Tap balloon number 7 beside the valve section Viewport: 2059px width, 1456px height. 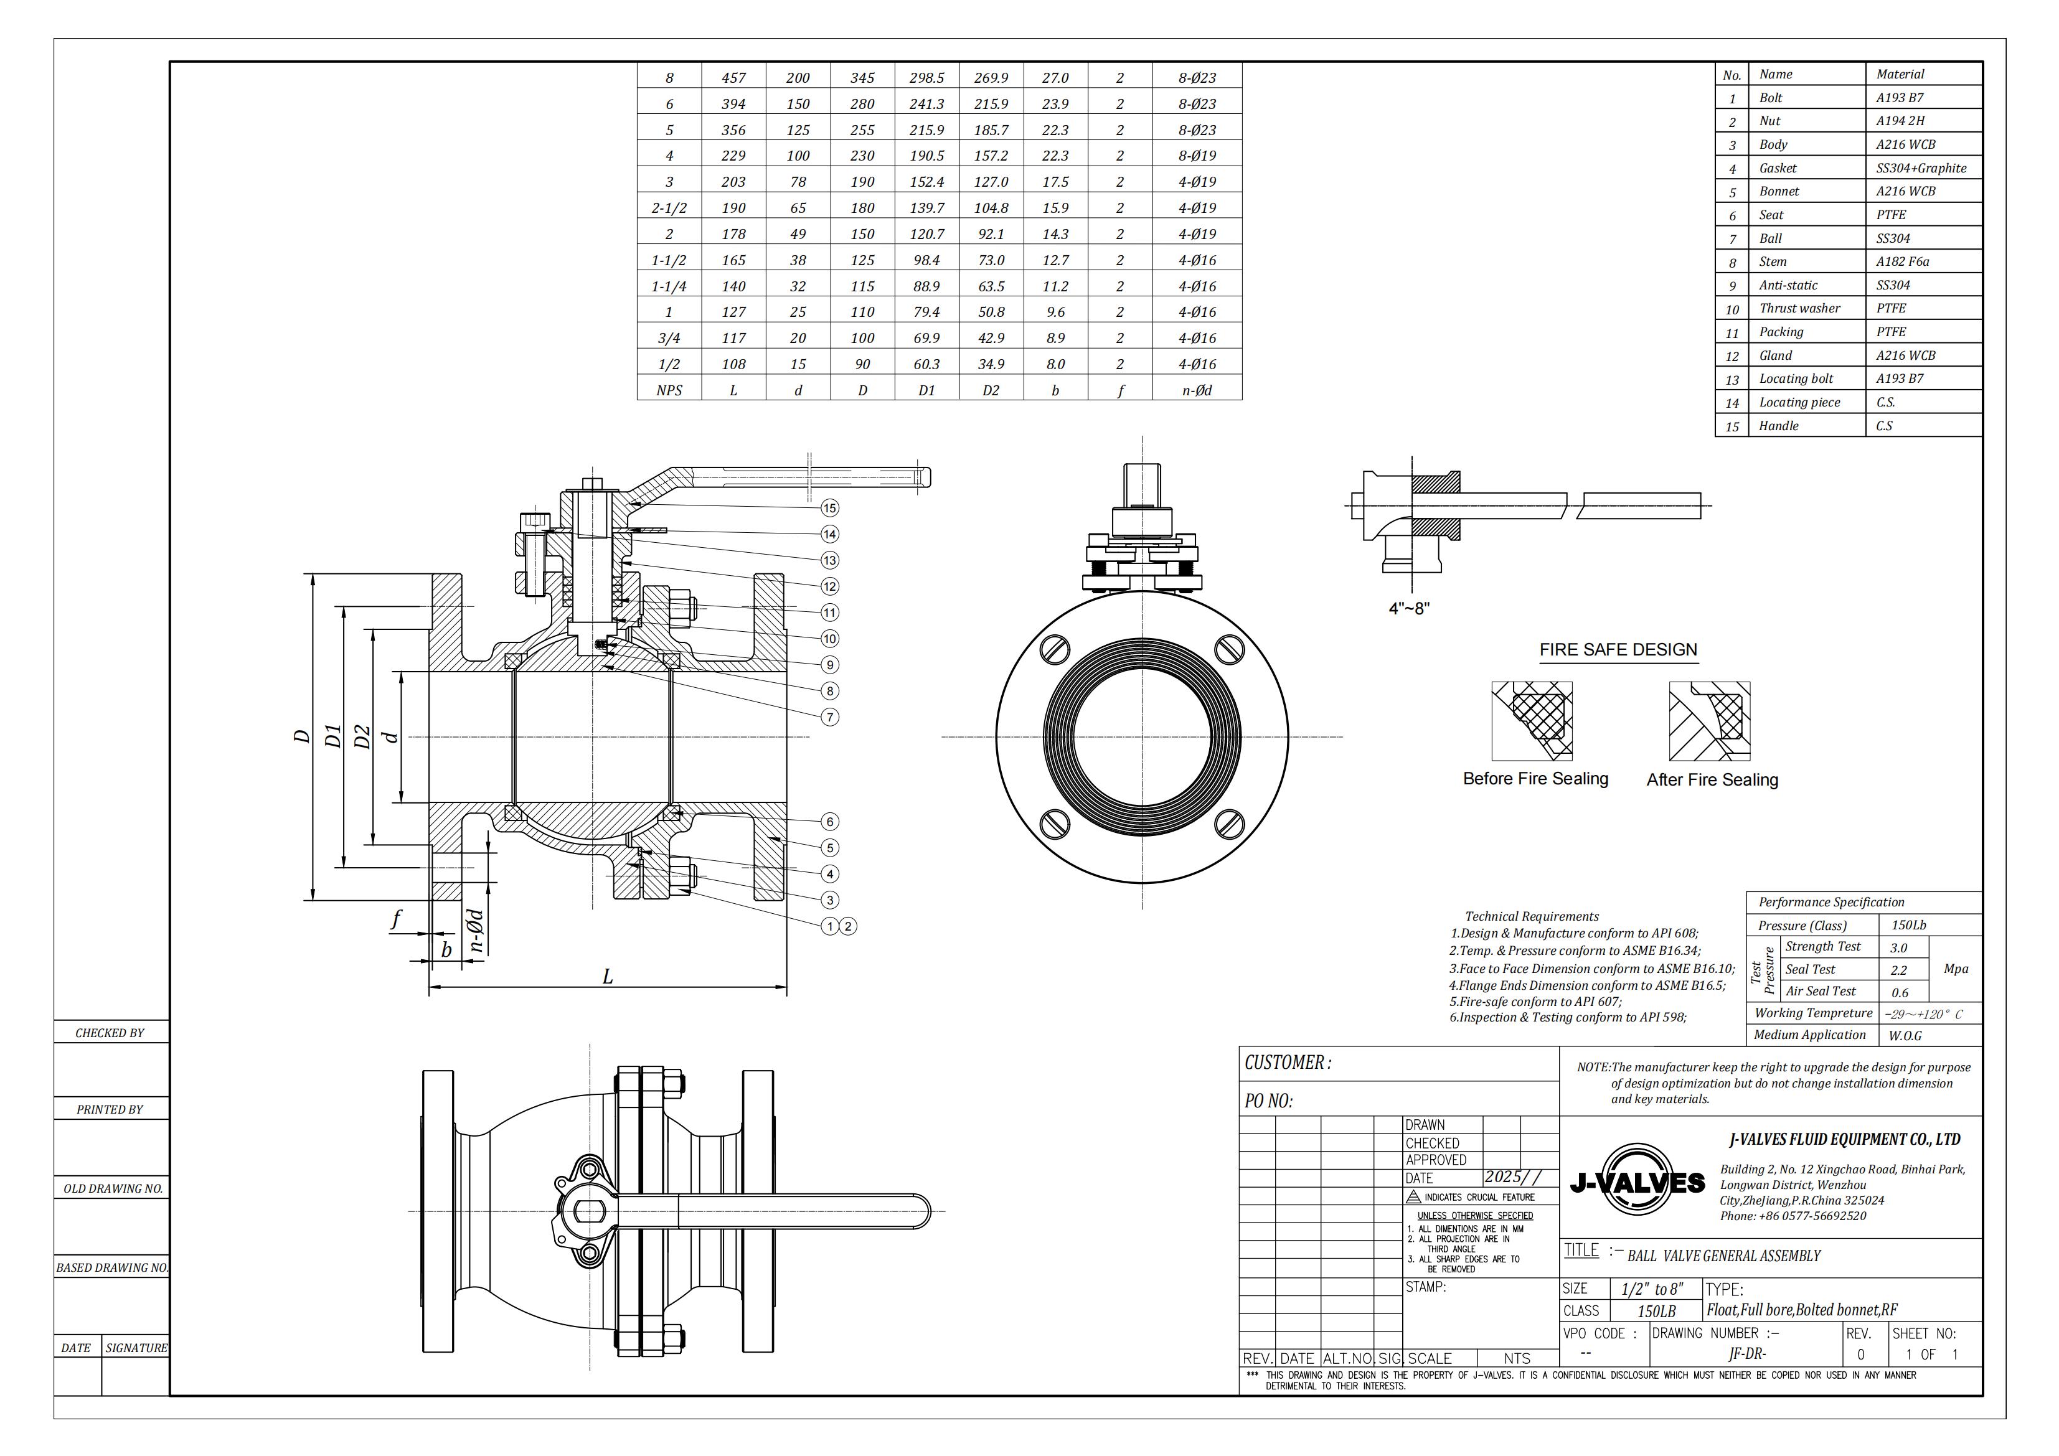pyautogui.click(x=829, y=717)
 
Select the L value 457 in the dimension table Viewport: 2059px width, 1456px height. pyautogui.click(x=733, y=78)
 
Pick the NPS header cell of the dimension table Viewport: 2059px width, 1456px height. pyautogui.click(x=669, y=390)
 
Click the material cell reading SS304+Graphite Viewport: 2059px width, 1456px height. pyautogui.click(x=1921, y=167)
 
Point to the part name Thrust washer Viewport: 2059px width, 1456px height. pyautogui.click(x=1799, y=308)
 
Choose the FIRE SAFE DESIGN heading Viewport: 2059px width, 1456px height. pyautogui.click(x=1618, y=650)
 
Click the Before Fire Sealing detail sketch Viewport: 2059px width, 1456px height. pyautogui.click(x=1532, y=721)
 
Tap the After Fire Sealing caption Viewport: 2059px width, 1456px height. pyautogui.click(x=1712, y=780)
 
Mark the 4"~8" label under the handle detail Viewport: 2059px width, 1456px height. pyautogui.click(x=1409, y=609)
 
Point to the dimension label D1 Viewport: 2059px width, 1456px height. pyautogui.click(x=332, y=736)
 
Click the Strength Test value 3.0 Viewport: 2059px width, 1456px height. pyautogui.click(x=1898, y=947)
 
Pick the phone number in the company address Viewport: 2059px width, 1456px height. pyautogui.click(x=1793, y=1216)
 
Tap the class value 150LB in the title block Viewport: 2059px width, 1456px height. pyautogui.click(x=1656, y=1312)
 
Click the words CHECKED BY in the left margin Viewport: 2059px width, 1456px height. pyautogui.click(x=110, y=1033)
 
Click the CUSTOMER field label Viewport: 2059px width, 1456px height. pyautogui.click(x=1288, y=1063)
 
